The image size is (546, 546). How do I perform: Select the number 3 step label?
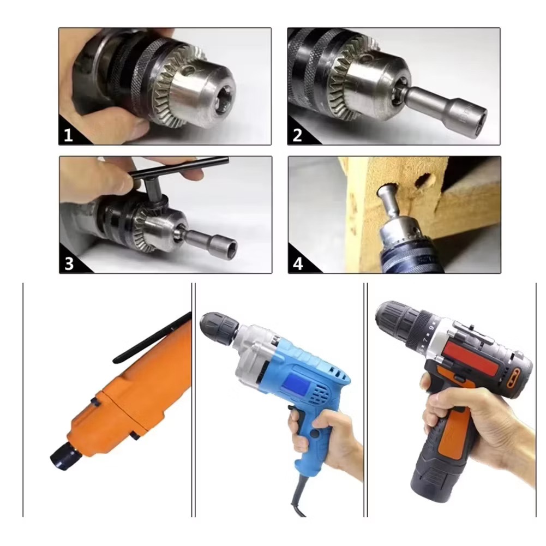click(69, 264)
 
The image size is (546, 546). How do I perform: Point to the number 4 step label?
click(298, 264)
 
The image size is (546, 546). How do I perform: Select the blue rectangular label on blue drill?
click(293, 386)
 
